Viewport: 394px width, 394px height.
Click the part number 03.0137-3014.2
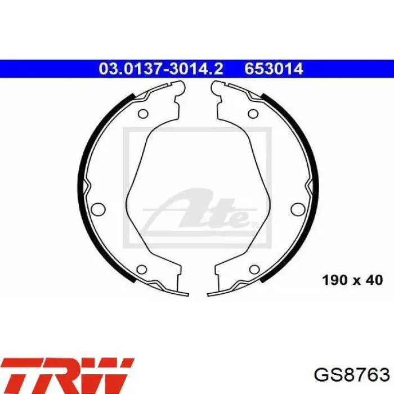[161, 69]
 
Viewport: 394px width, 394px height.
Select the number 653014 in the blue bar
[274, 69]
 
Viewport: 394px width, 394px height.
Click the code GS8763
[352, 375]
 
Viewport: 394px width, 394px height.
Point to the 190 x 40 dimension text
[352, 280]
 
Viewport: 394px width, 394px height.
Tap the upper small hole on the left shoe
[143, 114]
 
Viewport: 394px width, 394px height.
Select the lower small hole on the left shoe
[142, 270]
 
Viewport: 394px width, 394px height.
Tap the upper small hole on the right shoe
[253, 114]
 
